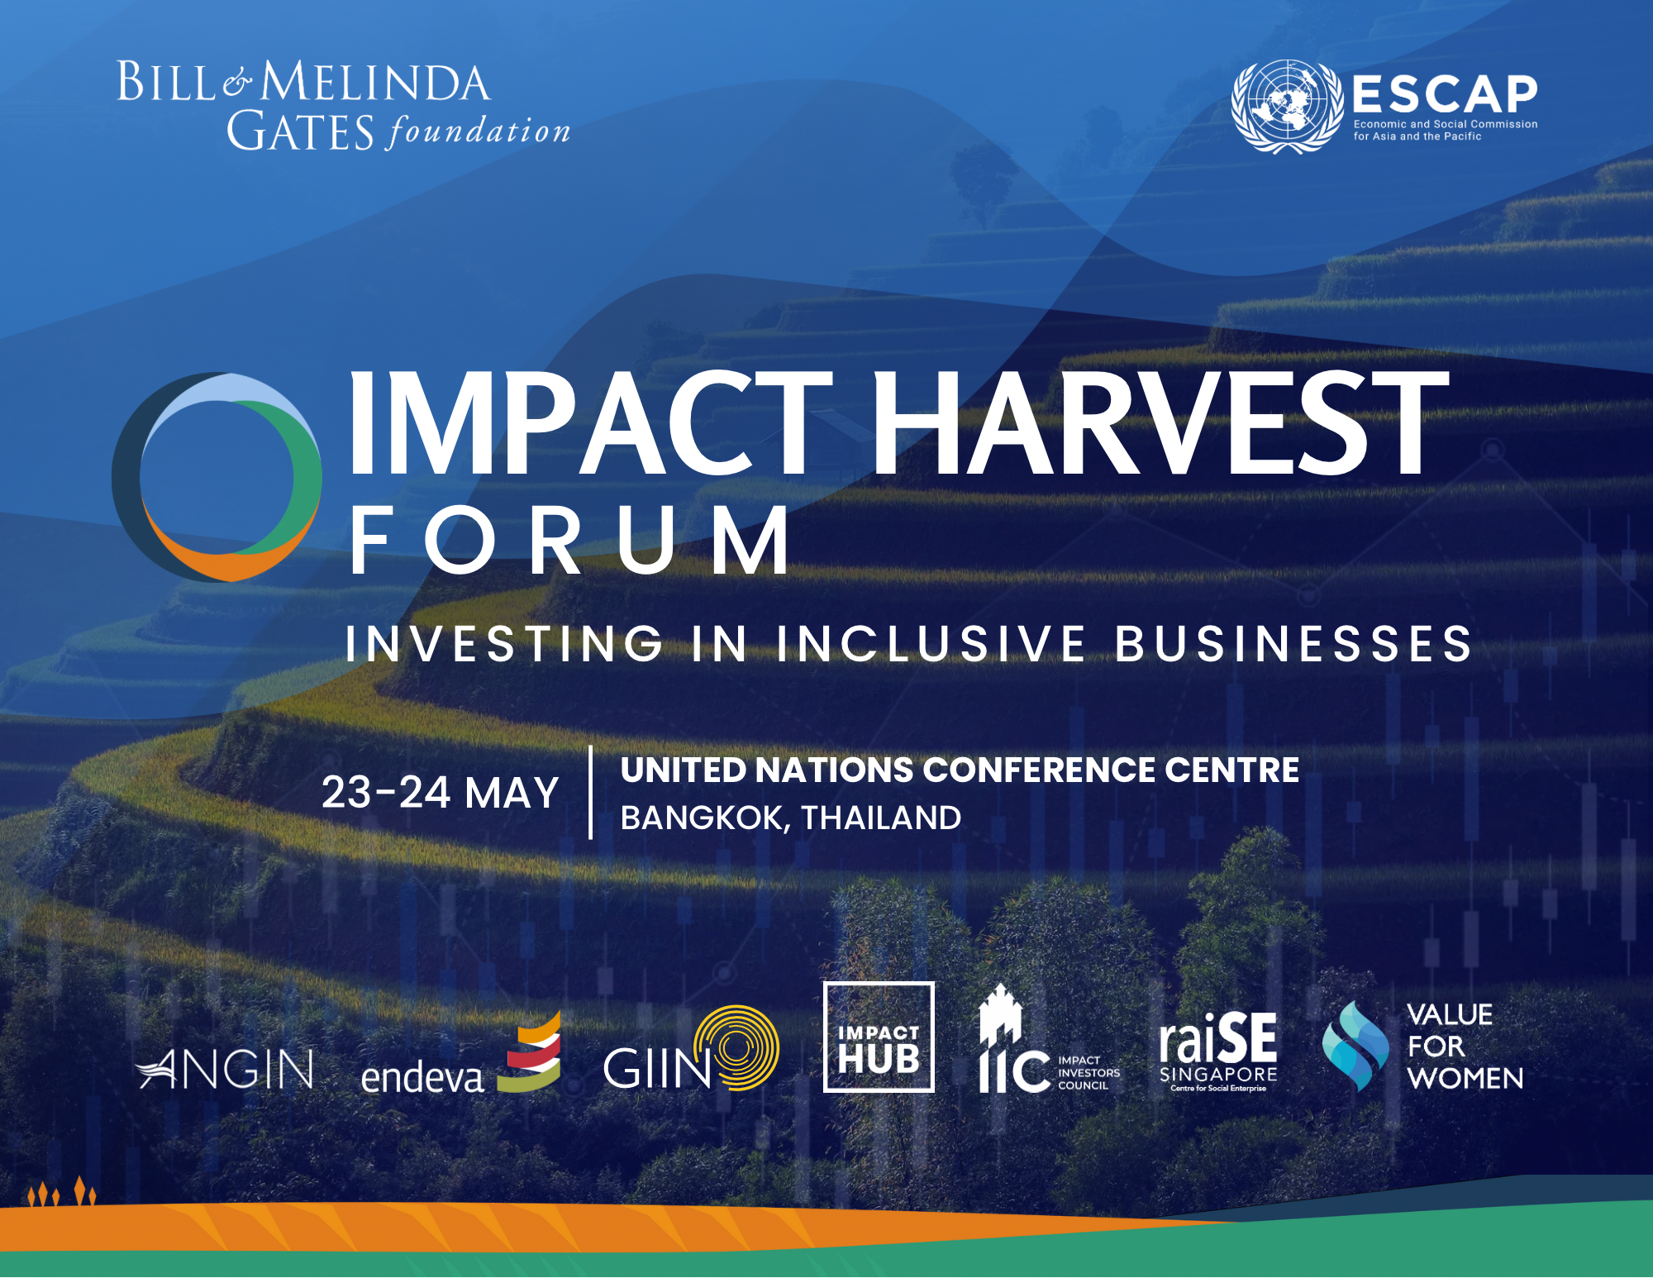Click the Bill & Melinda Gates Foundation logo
[344, 105]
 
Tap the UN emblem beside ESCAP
[1287, 107]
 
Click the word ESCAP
[1445, 94]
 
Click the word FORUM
[570, 541]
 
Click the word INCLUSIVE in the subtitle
[931, 643]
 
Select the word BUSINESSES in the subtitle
[1293, 643]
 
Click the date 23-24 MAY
[440, 792]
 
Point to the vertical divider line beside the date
[590, 792]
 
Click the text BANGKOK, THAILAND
[791, 818]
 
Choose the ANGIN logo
[225, 1069]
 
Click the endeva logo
[461, 1053]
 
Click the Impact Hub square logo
[879, 1037]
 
